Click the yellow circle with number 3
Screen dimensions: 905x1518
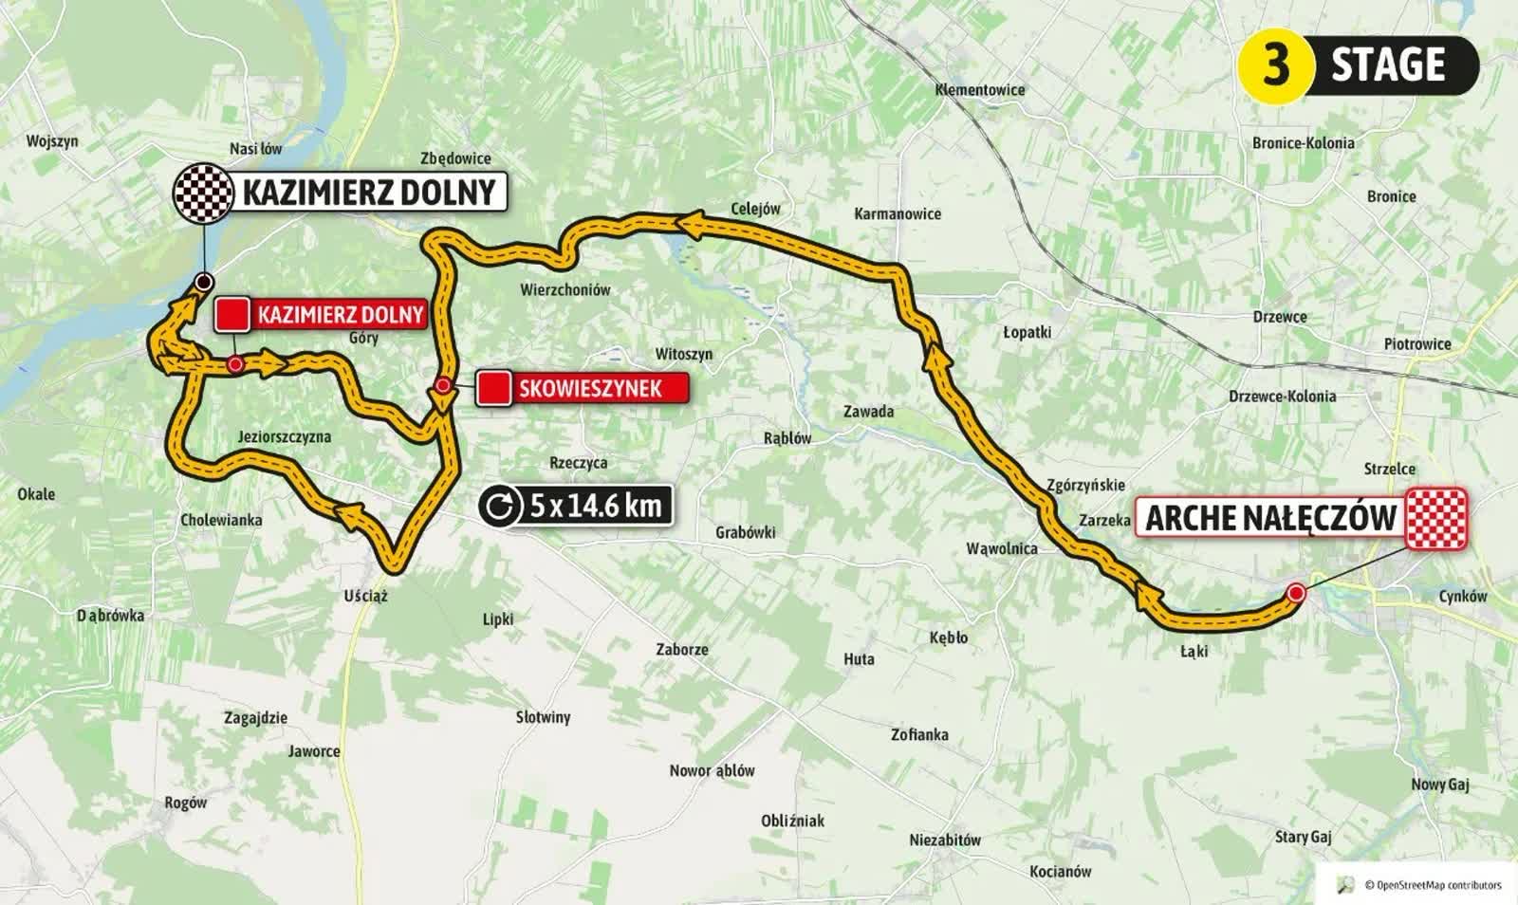pos(1275,65)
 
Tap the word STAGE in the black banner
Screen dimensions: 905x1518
pos(1388,65)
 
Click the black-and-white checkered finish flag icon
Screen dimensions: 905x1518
pos(202,192)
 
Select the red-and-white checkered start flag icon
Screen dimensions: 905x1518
pos(1436,518)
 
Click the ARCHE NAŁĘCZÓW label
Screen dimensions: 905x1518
pos(1271,518)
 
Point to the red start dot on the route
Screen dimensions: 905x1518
pos(1296,593)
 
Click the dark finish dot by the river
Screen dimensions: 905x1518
pos(202,282)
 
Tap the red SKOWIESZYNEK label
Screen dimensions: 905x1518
pos(590,388)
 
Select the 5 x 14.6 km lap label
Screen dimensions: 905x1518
pos(595,506)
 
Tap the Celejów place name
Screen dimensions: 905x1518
pos(755,209)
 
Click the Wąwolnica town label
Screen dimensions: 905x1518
pos(1001,548)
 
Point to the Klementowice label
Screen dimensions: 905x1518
pos(979,90)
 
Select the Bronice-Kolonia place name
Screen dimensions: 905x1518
pos(1303,143)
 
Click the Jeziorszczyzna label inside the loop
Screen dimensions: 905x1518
pos(284,436)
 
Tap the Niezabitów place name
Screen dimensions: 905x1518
pos(945,840)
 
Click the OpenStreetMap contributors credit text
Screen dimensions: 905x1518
pos(1433,885)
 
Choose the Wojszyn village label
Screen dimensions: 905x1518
pos(52,141)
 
